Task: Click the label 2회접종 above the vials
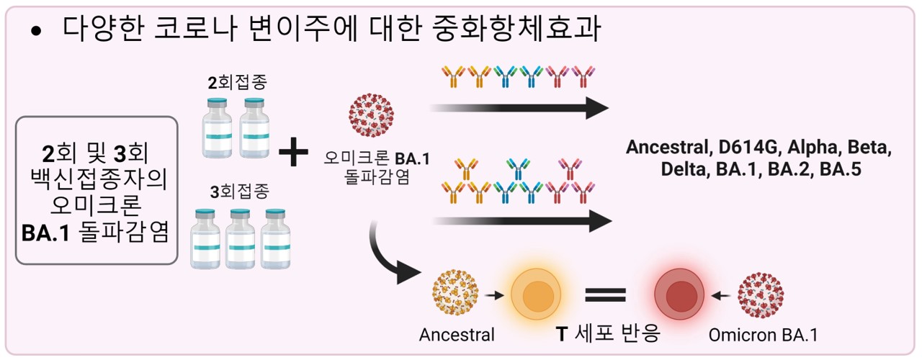238,81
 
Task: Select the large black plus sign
293,153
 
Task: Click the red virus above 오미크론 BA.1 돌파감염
372,114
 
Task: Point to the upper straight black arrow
519,108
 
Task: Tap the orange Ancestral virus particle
456,294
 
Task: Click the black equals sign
605,295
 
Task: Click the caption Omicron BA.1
763,336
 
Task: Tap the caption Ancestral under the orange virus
457,336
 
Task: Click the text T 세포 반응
608,335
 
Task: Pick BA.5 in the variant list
841,171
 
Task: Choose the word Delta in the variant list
684,171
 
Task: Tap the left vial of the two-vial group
215,127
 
